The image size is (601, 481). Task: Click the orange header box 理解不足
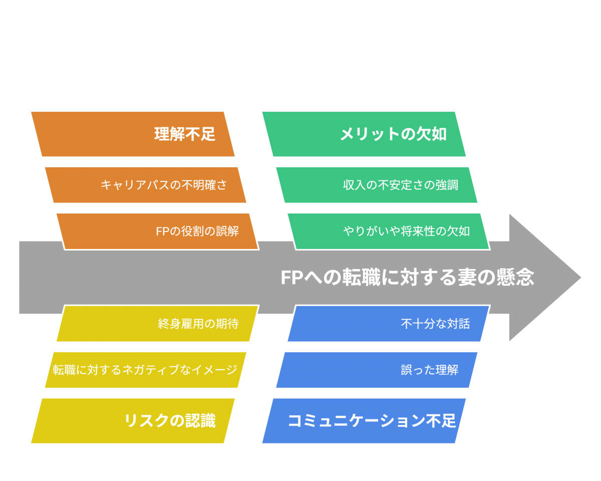click(133, 134)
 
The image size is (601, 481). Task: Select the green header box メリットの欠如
click(364, 134)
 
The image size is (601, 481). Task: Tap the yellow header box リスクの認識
click(133, 421)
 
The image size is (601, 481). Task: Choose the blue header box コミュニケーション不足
click(364, 421)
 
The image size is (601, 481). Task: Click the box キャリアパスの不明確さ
click(146, 185)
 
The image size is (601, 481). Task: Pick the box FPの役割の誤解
click(157, 231)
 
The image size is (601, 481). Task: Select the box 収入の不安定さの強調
click(377, 185)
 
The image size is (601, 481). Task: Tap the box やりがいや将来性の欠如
click(389, 231)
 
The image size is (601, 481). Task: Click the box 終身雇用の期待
click(157, 324)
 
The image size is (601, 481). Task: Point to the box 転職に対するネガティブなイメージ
click(146, 370)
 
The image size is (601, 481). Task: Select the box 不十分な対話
click(389, 324)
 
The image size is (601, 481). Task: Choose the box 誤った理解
click(377, 370)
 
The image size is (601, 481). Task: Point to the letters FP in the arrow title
click(292, 278)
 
